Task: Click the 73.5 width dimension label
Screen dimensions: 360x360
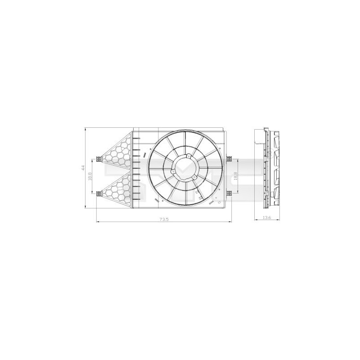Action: pos(163,219)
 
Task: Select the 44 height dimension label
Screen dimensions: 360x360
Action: pos(83,167)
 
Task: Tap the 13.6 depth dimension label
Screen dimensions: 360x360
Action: pos(266,218)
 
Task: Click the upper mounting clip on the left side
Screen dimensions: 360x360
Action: pos(98,158)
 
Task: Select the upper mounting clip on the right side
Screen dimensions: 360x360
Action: pos(229,158)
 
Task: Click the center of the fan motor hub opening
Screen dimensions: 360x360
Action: pos(185,168)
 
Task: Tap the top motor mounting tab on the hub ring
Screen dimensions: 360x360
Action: pos(189,156)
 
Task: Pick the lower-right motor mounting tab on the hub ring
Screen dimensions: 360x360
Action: pos(193,178)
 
